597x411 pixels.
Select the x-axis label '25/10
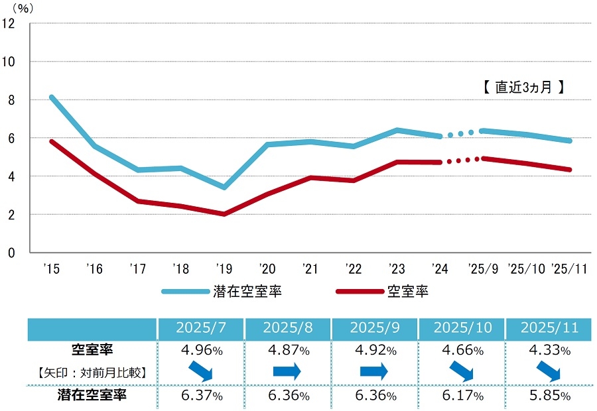[x=527, y=268]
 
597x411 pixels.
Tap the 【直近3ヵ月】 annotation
[x=523, y=87]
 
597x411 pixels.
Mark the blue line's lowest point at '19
[x=224, y=188]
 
